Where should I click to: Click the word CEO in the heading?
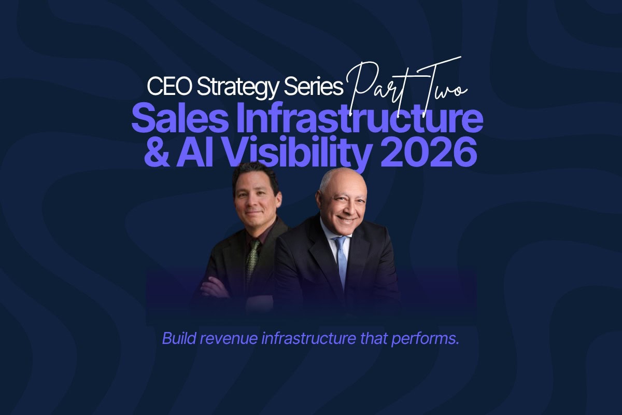(x=169, y=87)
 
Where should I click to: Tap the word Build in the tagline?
(x=178, y=338)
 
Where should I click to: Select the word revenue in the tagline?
(x=229, y=340)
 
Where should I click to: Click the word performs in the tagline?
(x=425, y=339)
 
